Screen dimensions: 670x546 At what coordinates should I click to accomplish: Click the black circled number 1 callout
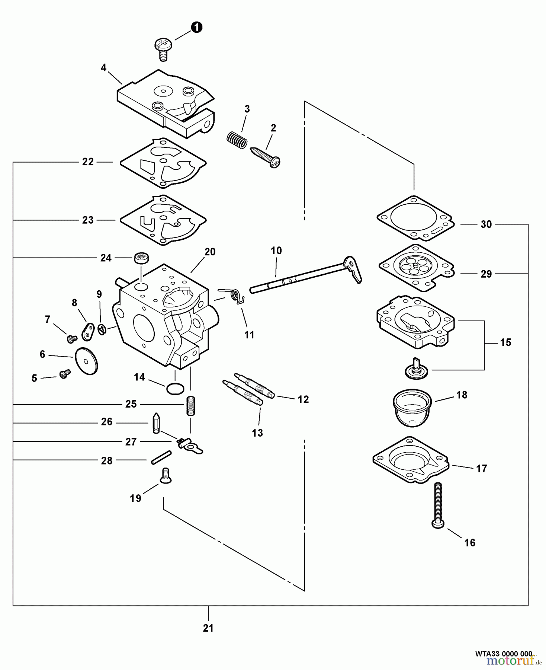click(x=196, y=27)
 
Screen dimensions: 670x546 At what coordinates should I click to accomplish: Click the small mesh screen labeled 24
click(x=141, y=258)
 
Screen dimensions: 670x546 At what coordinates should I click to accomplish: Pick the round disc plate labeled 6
click(x=86, y=361)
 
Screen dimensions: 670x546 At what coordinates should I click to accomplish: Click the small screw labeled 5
click(x=65, y=374)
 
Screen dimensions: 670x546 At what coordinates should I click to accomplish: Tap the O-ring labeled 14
click(x=175, y=389)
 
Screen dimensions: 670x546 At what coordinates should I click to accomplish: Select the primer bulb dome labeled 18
click(x=412, y=408)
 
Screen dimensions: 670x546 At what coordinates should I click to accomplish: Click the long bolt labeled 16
click(x=438, y=505)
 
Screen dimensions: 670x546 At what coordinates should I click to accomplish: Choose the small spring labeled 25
click(x=190, y=406)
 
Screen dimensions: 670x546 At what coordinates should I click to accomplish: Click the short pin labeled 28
click(x=161, y=457)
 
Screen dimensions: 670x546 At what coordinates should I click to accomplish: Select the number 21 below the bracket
click(x=208, y=628)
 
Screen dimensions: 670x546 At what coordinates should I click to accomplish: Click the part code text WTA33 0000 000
click(x=504, y=654)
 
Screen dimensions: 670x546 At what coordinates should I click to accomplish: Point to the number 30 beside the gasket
click(x=486, y=224)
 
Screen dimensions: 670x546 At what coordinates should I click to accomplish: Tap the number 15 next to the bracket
click(x=505, y=342)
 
